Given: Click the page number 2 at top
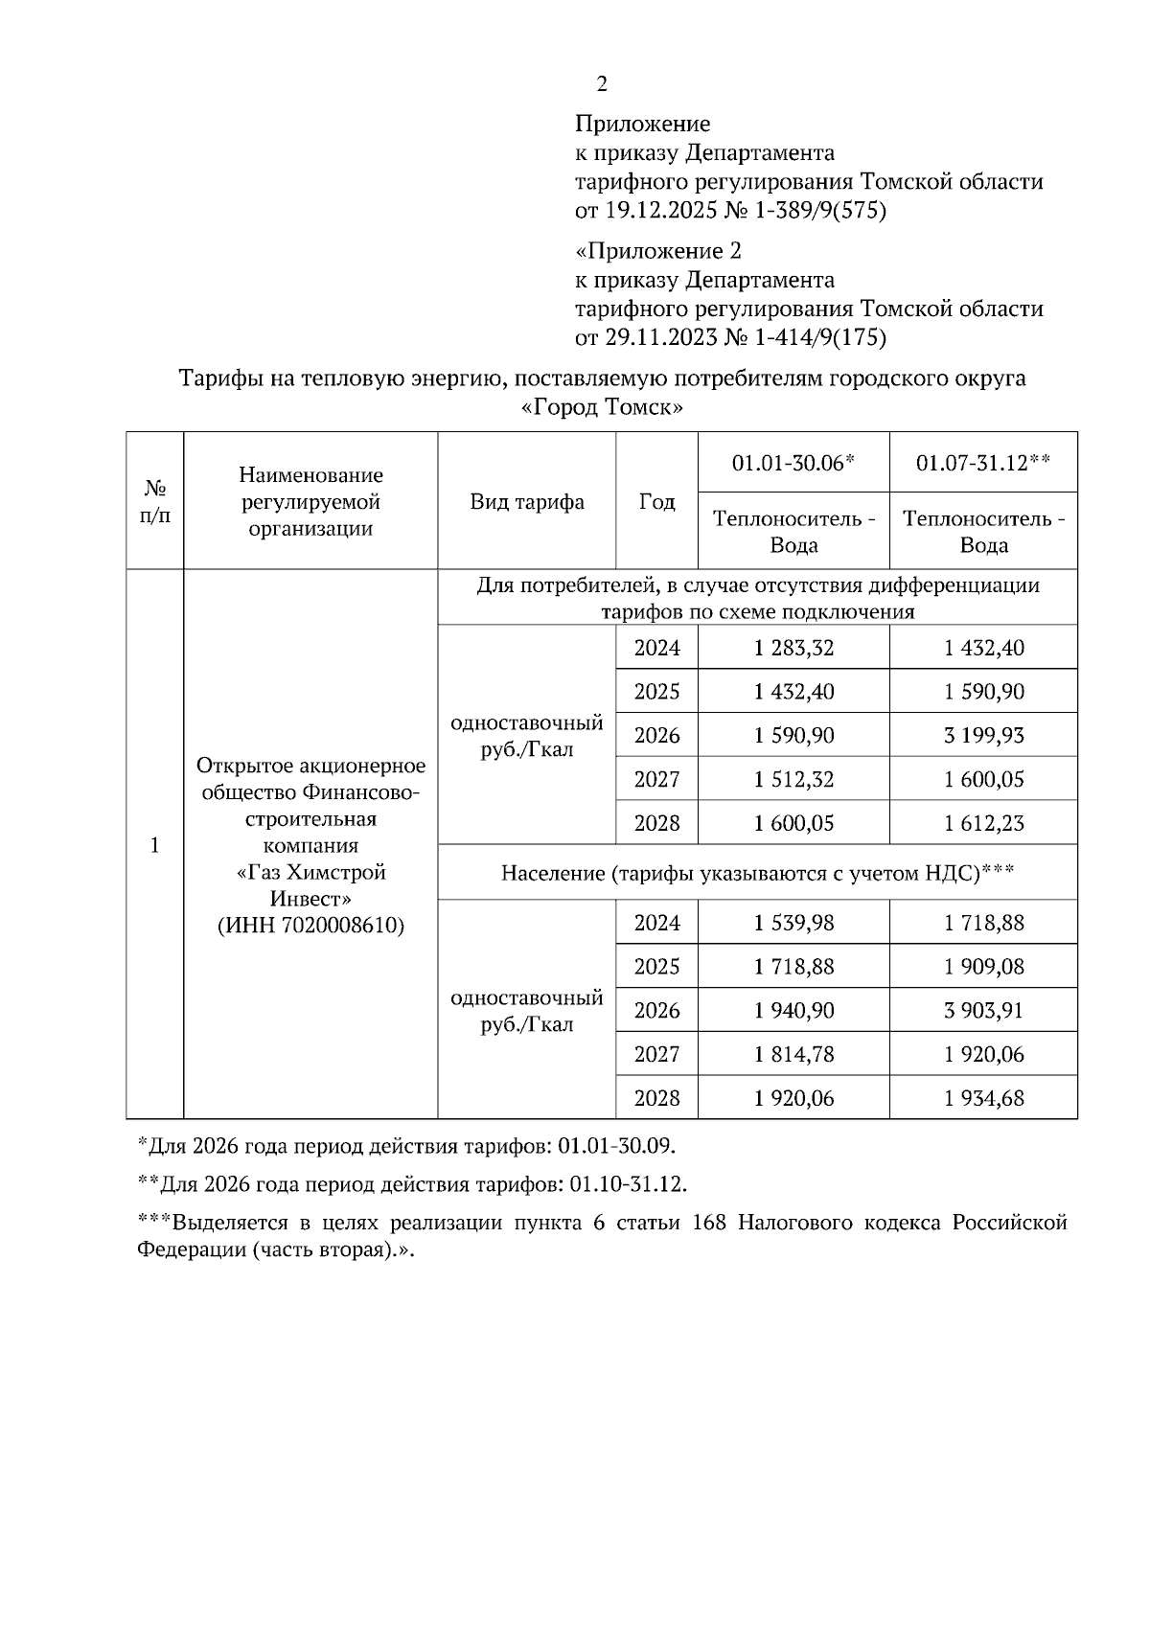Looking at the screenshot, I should tap(602, 85).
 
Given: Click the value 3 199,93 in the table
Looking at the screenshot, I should tap(983, 736).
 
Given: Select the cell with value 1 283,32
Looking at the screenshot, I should tap(793, 648).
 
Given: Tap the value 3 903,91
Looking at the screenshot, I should tap(983, 1011).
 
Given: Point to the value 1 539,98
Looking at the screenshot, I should tap(793, 923).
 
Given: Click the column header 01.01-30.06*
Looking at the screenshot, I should tap(793, 464).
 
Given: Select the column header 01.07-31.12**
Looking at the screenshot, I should tap(983, 464).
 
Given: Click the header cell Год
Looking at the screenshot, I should tap(656, 502).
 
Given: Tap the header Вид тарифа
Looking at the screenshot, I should tap(527, 502).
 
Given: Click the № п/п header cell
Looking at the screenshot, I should tap(155, 502).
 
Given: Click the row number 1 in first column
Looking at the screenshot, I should tap(155, 845).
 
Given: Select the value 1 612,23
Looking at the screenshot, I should tap(983, 824).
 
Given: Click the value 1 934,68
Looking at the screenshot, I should tap(983, 1098).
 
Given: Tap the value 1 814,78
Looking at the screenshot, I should tap(793, 1055).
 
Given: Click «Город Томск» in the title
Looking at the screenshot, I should tap(602, 407).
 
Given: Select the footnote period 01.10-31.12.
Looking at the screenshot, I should tap(627, 1184).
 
